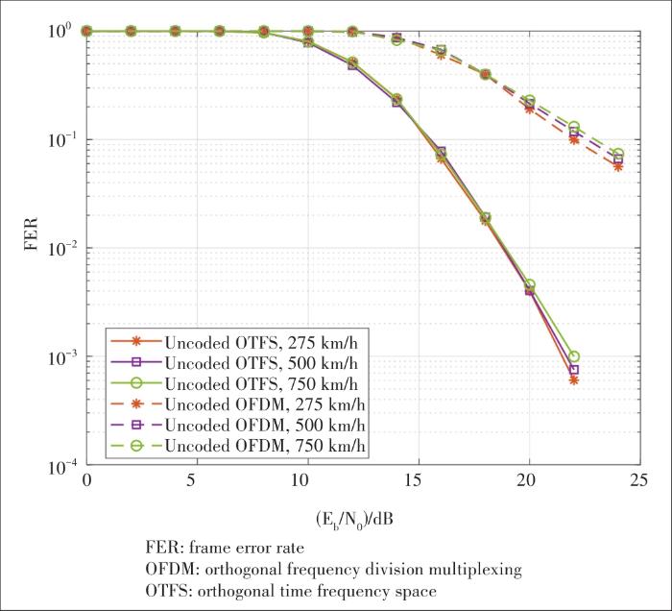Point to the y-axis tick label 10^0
[x=62, y=32]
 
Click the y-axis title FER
[x=31, y=248]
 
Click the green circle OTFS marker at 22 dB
[x=573, y=356]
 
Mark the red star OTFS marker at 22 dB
[x=573, y=379]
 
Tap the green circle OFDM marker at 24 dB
[x=617, y=154]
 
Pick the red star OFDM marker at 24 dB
[x=617, y=166]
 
